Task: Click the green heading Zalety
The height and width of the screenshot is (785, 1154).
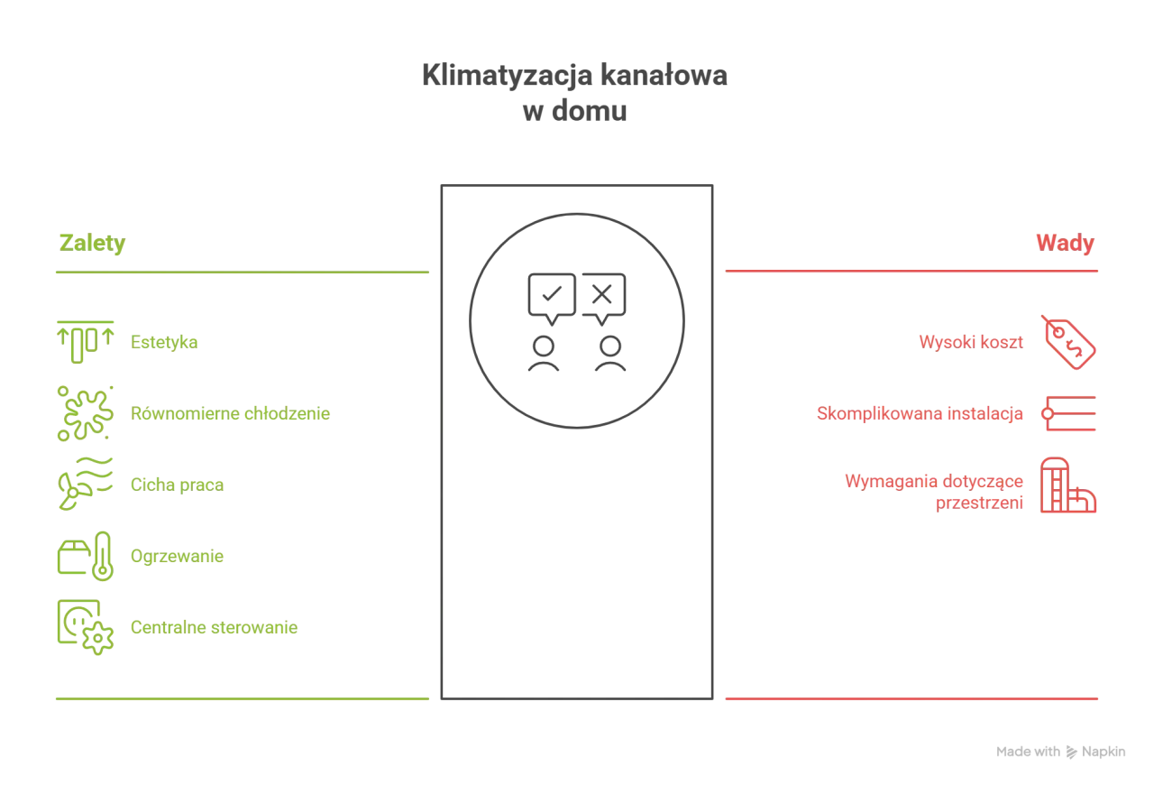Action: (92, 244)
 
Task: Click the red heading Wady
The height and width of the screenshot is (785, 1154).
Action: (1065, 243)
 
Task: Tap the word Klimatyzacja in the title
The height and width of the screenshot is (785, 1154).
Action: (508, 76)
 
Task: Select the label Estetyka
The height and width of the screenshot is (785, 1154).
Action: (164, 342)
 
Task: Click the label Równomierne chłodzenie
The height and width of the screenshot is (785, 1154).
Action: (230, 413)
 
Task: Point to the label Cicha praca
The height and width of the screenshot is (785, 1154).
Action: (177, 485)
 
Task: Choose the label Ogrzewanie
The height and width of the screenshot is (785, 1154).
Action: (177, 556)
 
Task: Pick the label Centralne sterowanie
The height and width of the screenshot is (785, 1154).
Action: (214, 627)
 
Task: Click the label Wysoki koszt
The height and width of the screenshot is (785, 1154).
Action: (971, 342)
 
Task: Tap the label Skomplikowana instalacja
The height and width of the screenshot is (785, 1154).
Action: (920, 413)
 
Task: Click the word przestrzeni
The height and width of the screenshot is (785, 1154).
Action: (979, 503)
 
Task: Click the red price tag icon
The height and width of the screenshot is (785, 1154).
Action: (1068, 343)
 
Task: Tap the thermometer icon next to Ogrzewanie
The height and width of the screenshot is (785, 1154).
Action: (103, 556)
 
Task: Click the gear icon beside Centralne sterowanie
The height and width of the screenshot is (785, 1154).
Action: (97, 639)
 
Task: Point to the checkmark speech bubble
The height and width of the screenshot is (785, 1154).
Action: (552, 299)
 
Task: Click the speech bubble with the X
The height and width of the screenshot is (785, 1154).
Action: (603, 299)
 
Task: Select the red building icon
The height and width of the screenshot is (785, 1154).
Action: (1068, 485)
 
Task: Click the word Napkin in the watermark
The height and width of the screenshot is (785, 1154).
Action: (1103, 752)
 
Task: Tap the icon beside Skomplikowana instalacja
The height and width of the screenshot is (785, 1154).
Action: (1068, 413)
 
